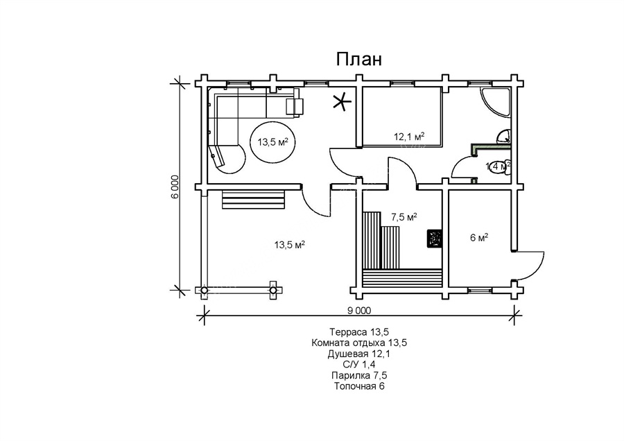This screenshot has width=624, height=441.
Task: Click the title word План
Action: [358, 59]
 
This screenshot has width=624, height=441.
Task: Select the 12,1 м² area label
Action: [410, 137]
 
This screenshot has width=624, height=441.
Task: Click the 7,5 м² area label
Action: [404, 217]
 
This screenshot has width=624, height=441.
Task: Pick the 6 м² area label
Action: [479, 238]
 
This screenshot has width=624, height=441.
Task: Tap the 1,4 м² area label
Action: [498, 166]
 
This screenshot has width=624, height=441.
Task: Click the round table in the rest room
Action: [272, 142]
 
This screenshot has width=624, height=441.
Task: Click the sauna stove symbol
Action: [435, 239]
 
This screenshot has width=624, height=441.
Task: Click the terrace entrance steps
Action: [254, 200]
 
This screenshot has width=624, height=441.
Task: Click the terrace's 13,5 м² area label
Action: [291, 244]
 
